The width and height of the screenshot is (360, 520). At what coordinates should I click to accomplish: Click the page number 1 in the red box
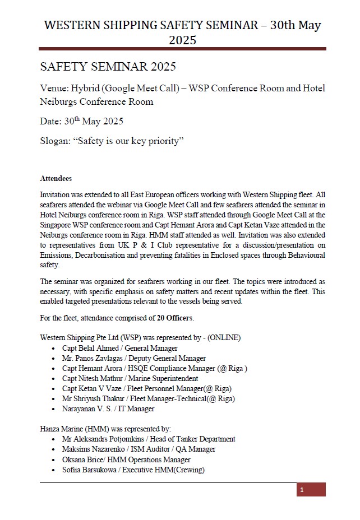point(302,490)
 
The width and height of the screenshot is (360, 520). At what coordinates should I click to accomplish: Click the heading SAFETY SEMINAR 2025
point(108,67)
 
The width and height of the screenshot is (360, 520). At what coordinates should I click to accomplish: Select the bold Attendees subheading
point(56,178)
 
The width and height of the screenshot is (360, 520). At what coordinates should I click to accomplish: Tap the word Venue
point(54,89)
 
